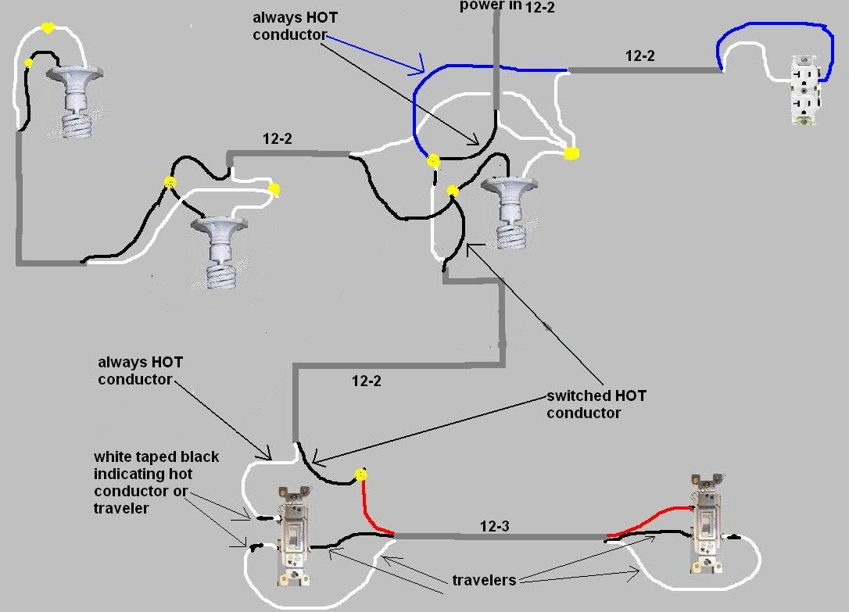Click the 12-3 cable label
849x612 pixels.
pos(495,527)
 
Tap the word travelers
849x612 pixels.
pos(484,581)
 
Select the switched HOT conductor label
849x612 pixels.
pos(596,404)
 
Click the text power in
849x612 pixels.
pos(490,6)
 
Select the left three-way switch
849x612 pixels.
pos(292,536)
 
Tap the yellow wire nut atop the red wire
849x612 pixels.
pos(360,474)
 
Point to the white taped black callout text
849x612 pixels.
pos(156,482)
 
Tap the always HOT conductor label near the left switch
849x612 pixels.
pos(140,370)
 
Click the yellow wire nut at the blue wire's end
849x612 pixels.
pos(433,161)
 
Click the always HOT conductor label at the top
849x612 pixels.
pos(288,25)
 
